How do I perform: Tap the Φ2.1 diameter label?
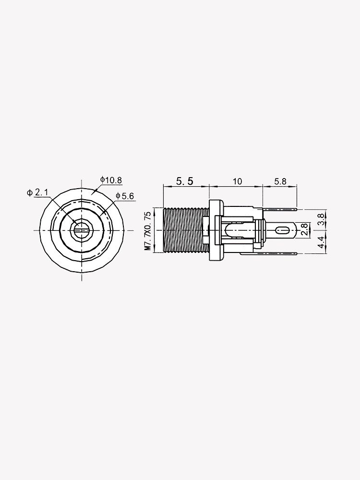[38, 192]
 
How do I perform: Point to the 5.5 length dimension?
[185, 181]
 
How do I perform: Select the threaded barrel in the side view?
[185, 231]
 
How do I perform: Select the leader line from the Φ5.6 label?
[108, 211]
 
